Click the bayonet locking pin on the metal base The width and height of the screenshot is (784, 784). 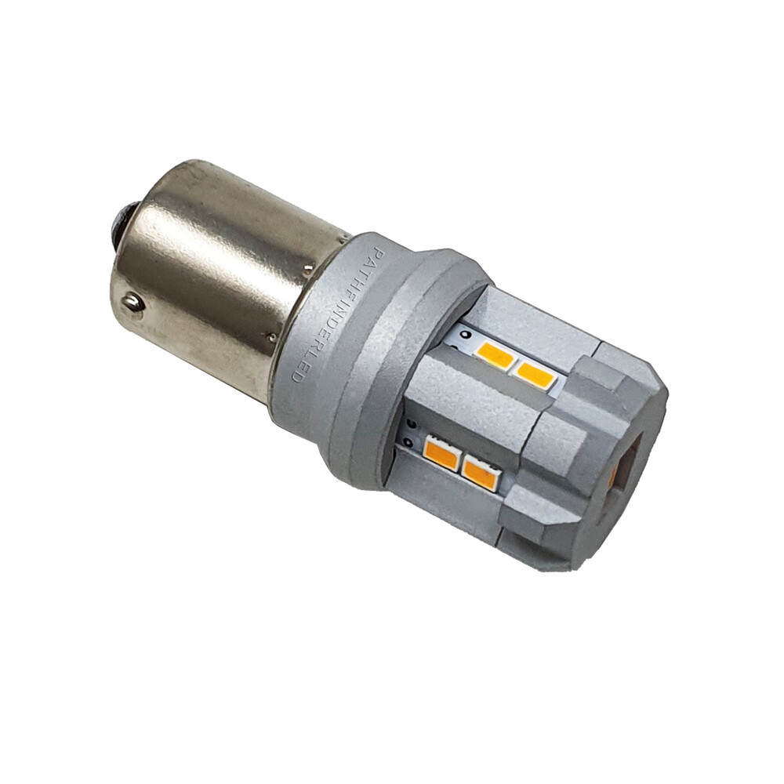[133, 303]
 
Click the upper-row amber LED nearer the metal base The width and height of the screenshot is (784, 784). [495, 357]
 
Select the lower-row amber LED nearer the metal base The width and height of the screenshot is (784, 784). [441, 453]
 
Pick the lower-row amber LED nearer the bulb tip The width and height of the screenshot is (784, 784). [480, 473]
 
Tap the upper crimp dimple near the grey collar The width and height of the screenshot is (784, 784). [309, 270]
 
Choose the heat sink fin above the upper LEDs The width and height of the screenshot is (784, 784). [533, 321]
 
